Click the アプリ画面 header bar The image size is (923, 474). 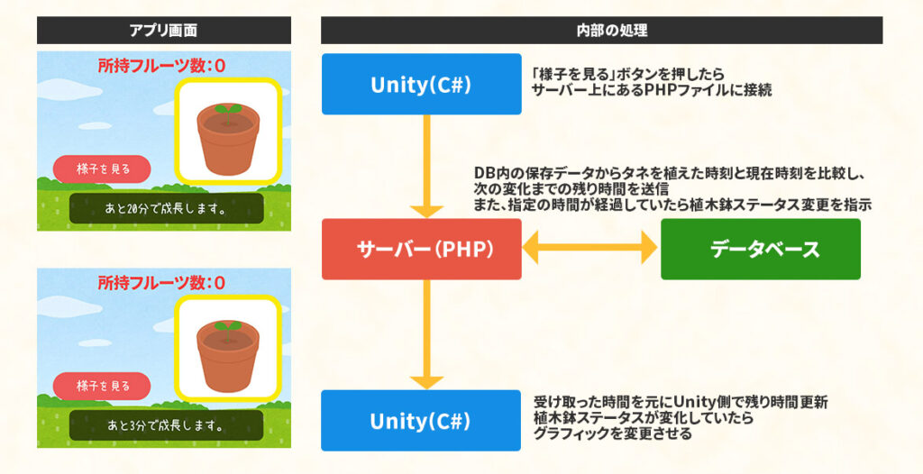point(163,30)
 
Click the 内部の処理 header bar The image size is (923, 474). point(601,30)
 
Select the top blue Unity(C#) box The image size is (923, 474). point(421,84)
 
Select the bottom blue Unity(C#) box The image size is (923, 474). point(421,420)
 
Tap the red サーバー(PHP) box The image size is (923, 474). point(421,249)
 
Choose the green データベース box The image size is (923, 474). point(760,249)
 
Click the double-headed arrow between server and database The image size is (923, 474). point(590,249)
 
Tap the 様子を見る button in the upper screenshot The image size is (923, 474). point(102,169)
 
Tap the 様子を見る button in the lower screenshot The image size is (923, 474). point(102,386)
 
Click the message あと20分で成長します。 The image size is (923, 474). point(166,208)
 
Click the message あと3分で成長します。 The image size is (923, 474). point(166,425)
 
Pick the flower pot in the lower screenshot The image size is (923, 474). point(228,353)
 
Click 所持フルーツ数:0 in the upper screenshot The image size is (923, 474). point(161,66)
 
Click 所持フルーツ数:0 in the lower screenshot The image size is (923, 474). point(161,283)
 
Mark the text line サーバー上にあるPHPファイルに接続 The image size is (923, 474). point(652,91)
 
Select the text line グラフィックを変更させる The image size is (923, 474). point(612,433)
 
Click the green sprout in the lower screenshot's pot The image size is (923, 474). point(228,326)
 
